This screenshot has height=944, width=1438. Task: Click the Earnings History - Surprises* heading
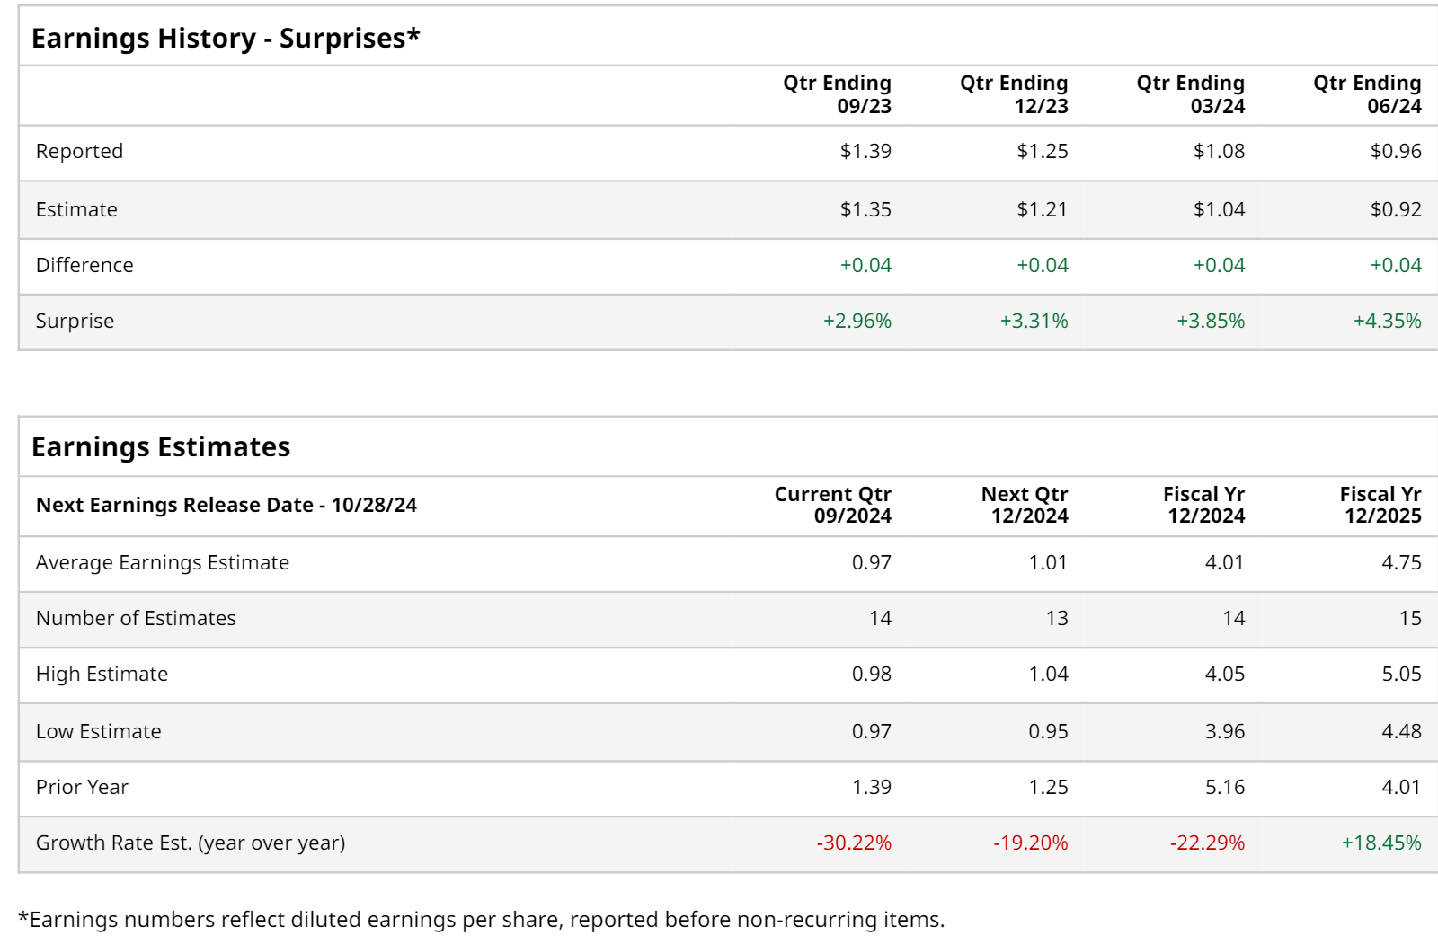226,39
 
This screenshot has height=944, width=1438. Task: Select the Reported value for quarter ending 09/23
865,151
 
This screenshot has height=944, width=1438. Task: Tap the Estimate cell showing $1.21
1042,209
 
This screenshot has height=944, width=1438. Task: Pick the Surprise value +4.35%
1387,321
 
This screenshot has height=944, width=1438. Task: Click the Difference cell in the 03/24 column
1219,265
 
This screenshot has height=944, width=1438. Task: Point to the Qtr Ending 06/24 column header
1367,94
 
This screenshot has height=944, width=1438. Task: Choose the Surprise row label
75,321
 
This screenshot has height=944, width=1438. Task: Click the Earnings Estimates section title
161,447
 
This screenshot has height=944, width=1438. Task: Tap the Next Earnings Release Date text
226,505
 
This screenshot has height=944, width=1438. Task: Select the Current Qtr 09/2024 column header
833,505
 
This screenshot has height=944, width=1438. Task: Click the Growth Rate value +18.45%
1381,843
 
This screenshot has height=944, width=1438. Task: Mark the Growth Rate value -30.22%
854,843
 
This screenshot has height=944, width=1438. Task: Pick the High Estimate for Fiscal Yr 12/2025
1401,674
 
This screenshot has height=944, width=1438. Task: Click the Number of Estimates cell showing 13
1057,618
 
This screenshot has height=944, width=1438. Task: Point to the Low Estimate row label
99,731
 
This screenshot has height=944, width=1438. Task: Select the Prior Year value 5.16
1225,787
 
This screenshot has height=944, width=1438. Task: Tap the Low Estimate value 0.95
1048,731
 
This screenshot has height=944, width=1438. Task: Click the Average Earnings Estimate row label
163,562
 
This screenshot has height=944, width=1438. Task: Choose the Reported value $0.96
1396,151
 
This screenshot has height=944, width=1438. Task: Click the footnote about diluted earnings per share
482,920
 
